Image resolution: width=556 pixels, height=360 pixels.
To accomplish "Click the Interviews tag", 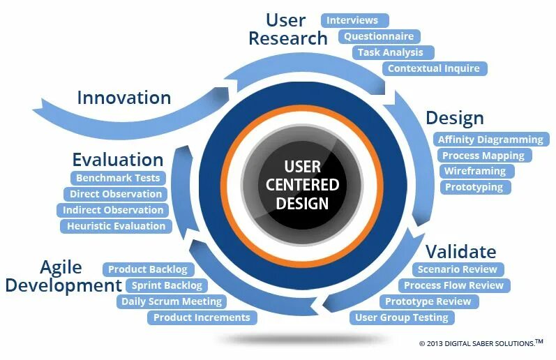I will pos(354,20).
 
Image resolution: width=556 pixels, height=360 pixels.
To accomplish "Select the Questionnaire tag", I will pos(379,36).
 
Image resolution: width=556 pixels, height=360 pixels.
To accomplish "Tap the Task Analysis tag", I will pos(390,52).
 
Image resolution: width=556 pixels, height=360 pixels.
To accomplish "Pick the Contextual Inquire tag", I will pos(433,68).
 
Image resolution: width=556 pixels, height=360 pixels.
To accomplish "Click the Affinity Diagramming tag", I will pos(490,140).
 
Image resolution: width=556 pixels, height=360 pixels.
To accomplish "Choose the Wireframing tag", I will pos(476,171).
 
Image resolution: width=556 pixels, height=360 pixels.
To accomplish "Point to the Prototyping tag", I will pos(474,187).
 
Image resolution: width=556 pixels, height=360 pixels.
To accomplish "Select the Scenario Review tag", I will pos(457,269).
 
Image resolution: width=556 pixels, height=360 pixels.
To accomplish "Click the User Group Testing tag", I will pos(402,317).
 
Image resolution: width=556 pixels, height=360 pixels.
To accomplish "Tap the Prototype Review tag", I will pos(428,301).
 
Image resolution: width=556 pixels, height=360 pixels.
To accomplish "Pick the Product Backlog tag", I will pos(147,269).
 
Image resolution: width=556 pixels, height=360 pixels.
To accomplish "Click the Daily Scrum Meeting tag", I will pos(171,301).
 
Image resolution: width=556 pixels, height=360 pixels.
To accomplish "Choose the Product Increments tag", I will pos(201,317).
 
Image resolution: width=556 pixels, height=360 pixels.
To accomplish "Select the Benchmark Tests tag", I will pos(118,178).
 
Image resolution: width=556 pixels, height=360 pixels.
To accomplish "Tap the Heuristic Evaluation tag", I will pos(116,226).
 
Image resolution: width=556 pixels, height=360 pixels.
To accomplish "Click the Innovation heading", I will pos(123,97).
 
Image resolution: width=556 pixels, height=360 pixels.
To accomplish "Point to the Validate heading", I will pos(460,251).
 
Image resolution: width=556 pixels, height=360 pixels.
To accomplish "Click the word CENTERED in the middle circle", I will pos(302,185).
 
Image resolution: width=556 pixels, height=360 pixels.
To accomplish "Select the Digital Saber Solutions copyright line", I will pos(480,343).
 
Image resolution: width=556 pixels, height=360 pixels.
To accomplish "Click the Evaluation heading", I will pos(117,159).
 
